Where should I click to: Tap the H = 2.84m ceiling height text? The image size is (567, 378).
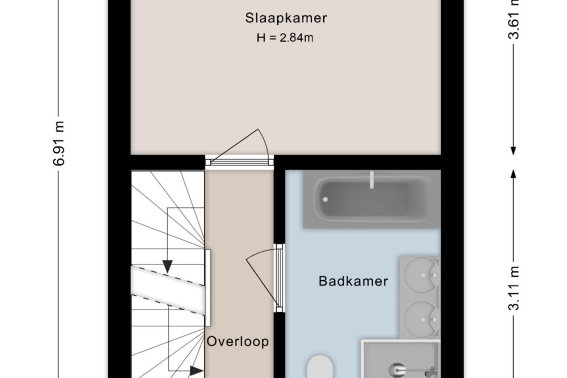[285, 37]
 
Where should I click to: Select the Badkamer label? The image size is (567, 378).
[353, 281]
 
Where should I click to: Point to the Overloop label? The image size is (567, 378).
[238, 342]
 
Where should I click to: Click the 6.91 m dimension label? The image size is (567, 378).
[59, 143]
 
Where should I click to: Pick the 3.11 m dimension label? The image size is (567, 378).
[514, 288]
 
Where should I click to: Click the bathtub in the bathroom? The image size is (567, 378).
[371, 199]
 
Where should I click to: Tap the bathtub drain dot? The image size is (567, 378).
[325, 199]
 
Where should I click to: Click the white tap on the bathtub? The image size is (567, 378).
[371, 180]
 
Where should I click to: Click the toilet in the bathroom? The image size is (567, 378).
[320, 367]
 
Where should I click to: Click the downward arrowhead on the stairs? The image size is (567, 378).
[167, 267]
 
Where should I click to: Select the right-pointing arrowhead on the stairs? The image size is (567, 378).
[196, 371]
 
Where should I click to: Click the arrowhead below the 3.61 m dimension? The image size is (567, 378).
[513, 151]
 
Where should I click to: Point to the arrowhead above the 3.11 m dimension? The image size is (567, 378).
[513, 174]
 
